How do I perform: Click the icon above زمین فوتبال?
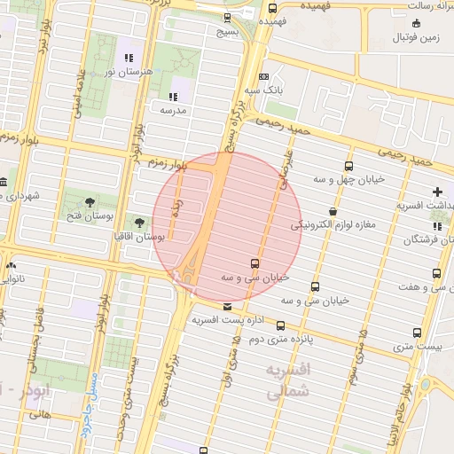click(x=417, y=24)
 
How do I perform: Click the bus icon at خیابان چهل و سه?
click(x=349, y=166)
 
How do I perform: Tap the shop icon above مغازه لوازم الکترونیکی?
click(x=333, y=212)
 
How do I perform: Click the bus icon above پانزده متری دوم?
click(x=281, y=325)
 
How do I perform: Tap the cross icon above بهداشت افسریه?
click(x=436, y=192)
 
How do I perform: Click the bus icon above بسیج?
click(x=228, y=17)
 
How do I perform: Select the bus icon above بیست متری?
click(x=417, y=333)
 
